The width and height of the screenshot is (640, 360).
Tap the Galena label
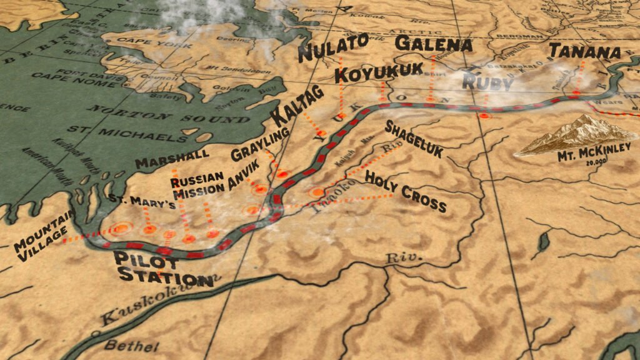(x=434, y=44)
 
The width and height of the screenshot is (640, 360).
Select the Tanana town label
(x=584, y=51)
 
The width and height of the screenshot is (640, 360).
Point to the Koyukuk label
(x=369, y=75)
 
